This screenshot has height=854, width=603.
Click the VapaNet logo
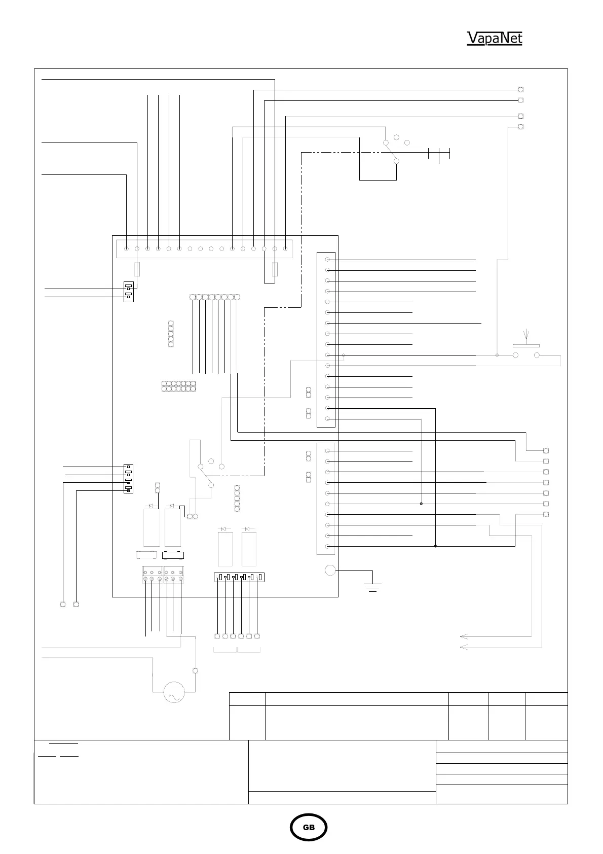tap(494, 39)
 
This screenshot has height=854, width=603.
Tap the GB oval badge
tap(309, 827)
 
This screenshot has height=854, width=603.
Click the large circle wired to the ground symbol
tap(330, 570)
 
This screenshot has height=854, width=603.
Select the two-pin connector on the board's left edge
tap(129, 292)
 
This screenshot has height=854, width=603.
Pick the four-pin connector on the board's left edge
tap(129, 478)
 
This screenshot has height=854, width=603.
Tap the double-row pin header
tap(179, 386)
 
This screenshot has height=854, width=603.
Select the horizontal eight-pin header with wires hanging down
tap(215, 297)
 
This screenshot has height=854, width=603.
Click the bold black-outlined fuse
tap(172, 555)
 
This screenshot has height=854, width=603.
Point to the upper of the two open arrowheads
tap(463, 636)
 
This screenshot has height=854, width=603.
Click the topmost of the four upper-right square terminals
tap(520, 90)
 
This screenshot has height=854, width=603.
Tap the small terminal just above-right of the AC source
tap(195, 670)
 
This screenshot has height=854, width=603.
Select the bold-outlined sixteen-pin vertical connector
tap(326, 339)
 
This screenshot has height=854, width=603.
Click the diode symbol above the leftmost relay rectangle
tap(150, 506)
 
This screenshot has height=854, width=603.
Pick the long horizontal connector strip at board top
tap(205, 248)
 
